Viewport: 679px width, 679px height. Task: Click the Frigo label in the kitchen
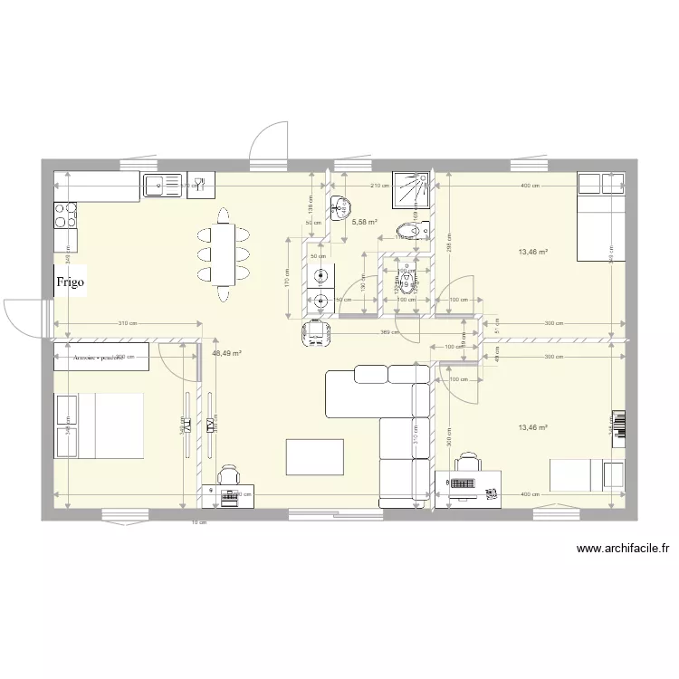(x=71, y=282)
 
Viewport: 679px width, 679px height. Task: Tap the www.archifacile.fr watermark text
(x=622, y=548)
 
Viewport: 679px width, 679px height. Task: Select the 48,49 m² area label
(x=226, y=354)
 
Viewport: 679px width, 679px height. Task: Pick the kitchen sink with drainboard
(x=163, y=186)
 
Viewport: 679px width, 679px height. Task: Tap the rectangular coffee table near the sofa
(x=314, y=456)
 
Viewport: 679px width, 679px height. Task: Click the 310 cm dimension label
(x=127, y=323)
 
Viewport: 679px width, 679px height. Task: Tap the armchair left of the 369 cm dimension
(x=316, y=332)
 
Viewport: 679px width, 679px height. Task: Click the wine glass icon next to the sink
(x=200, y=186)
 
